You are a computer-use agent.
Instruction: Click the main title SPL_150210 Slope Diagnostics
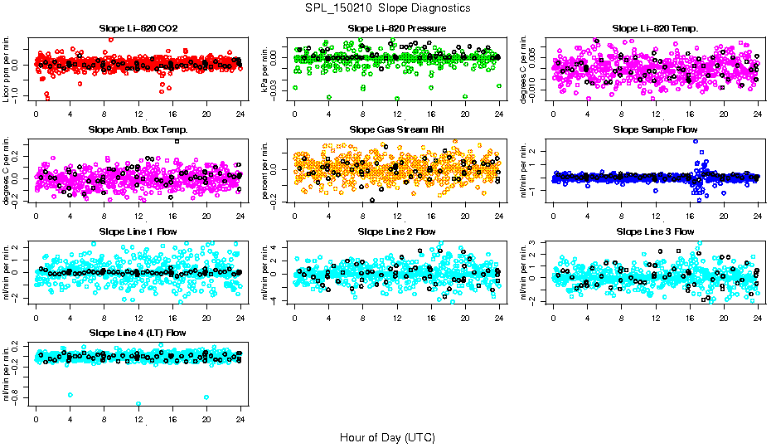tap(388, 8)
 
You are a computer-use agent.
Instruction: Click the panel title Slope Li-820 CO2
tap(138, 28)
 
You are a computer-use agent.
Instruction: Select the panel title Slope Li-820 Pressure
tap(397, 28)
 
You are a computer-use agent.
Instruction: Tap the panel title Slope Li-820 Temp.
tap(655, 28)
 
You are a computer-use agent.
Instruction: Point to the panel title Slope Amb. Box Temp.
tap(138, 129)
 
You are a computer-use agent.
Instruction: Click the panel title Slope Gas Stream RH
tap(397, 129)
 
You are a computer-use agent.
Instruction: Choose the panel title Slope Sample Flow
tap(655, 129)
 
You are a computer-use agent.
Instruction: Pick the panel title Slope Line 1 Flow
tap(138, 231)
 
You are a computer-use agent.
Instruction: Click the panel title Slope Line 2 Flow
tap(397, 231)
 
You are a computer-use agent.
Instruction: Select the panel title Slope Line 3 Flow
tap(655, 231)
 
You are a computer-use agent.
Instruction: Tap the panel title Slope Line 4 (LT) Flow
tap(138, 333)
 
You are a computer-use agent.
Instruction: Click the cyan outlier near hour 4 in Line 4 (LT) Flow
tap(70, 395)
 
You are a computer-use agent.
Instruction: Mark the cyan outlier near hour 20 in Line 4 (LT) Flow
tap(206, 397)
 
